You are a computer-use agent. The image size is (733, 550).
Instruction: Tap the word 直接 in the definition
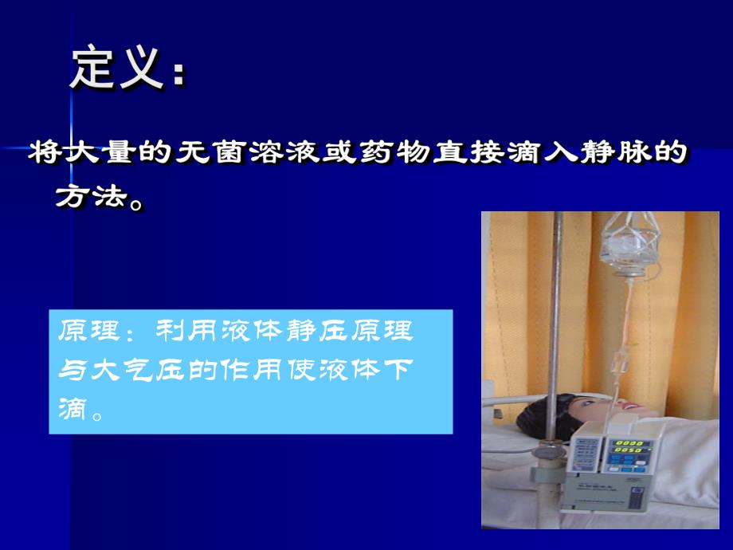point(477,154)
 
